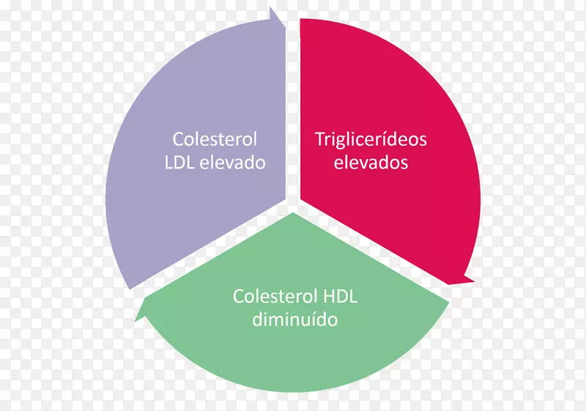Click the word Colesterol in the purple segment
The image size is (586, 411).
point(215,138)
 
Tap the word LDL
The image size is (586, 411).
point(181,162)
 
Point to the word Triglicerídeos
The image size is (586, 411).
point(371,138)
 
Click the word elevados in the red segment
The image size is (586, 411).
point(371,162)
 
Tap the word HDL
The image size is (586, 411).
point(339,297)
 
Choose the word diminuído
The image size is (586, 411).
point(294,320)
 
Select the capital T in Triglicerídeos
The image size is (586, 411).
point(319,138)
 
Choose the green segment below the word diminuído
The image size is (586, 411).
point(293,359)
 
